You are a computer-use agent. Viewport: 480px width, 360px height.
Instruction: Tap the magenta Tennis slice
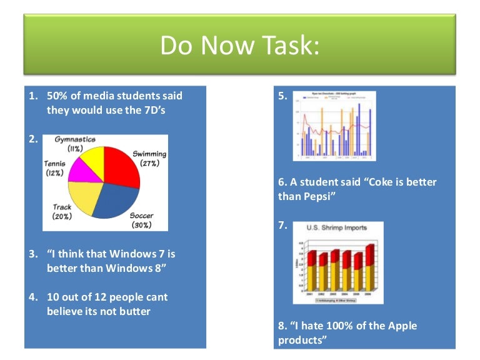(84, 171)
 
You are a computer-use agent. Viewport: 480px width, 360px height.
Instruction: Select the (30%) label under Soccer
(142, 224)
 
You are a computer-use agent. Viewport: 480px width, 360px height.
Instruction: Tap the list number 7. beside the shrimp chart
(283, 226)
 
